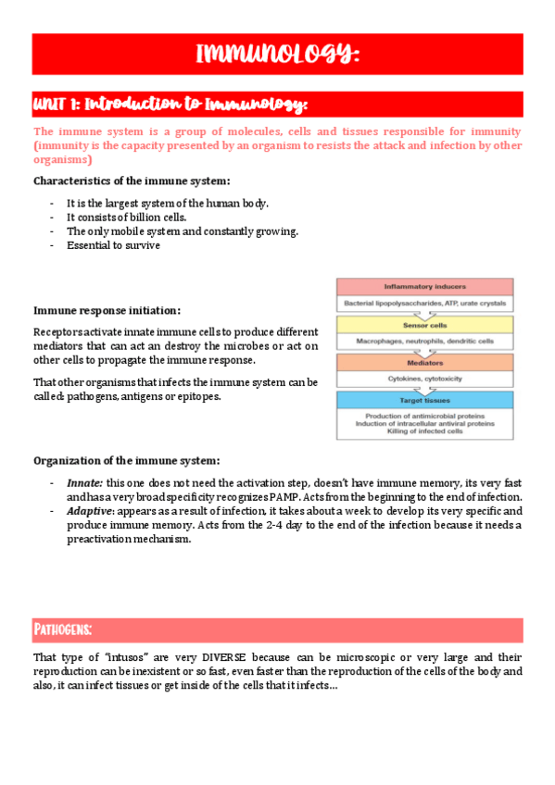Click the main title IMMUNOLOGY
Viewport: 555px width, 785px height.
pyautogui.click(x=277, y=54)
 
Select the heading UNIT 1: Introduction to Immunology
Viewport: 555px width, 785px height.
pyautogui.click(x=170, y=103)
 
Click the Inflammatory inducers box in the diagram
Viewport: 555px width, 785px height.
pyautogui.click(x=424, y=287)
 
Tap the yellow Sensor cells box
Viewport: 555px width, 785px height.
pyautogui.click(x=424, y=325)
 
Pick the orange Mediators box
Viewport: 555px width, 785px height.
pyautogui.click(x=424, y=363)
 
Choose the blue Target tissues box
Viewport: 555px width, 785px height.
pyautogui.click(x=424, y=400)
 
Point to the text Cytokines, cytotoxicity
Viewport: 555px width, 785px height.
pyautogui.click(x=424, y=379)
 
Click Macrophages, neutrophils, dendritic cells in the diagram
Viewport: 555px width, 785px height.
pyautogui.click(x=424, y=341)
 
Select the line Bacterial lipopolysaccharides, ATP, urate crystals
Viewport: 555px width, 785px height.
pyautogui.click(x=424, y=303)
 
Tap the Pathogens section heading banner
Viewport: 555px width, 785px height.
pyautogui.click(x=63, y=630)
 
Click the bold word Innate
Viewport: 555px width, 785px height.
pyautogui.click(x=84, y=482)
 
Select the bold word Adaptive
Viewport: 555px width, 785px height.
pyautogui.click(x=89, y=511)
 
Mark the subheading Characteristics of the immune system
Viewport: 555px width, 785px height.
pyautogui.click(x=132, y=181)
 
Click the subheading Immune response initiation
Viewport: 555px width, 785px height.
pyautogui.click(x=107, y=310)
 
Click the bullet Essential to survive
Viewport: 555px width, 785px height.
pyautogui.click(x=113, y=245)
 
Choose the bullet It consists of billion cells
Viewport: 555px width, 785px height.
pyautogui.click(x=127, y=218)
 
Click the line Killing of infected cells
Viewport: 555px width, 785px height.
pyautogui.click(x=424, y=431)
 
